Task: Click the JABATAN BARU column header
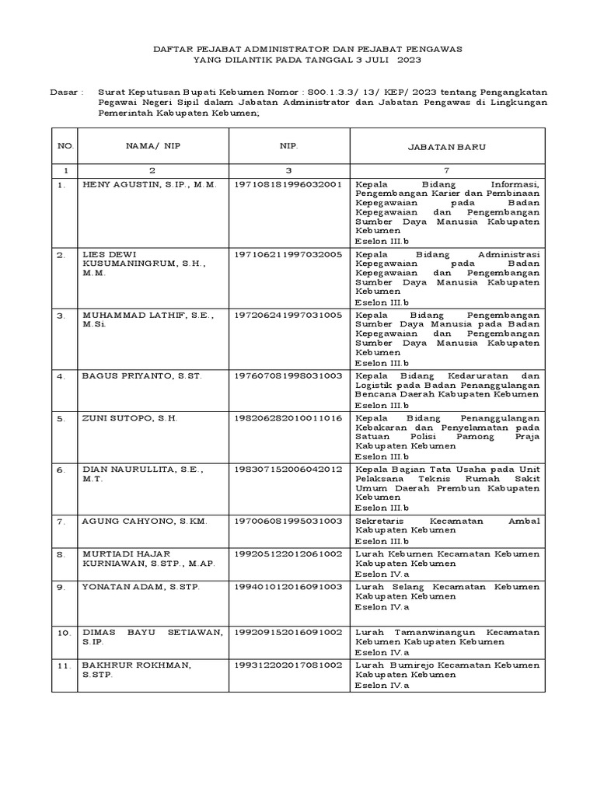click(447, 146)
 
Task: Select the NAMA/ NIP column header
click(152, 145)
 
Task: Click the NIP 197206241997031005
click(288, 315)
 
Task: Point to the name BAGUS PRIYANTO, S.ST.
click(141, 375)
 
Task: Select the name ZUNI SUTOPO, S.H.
click(130, 418)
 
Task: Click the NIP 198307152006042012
click(288, 470)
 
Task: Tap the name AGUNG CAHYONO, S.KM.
click(145, 520)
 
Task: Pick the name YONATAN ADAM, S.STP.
click(141, 586)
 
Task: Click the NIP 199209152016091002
click(288, 633)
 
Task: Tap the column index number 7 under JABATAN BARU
click(447, 169)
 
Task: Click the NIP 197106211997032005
click(288, 254)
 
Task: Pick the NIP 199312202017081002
click(288, 666)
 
